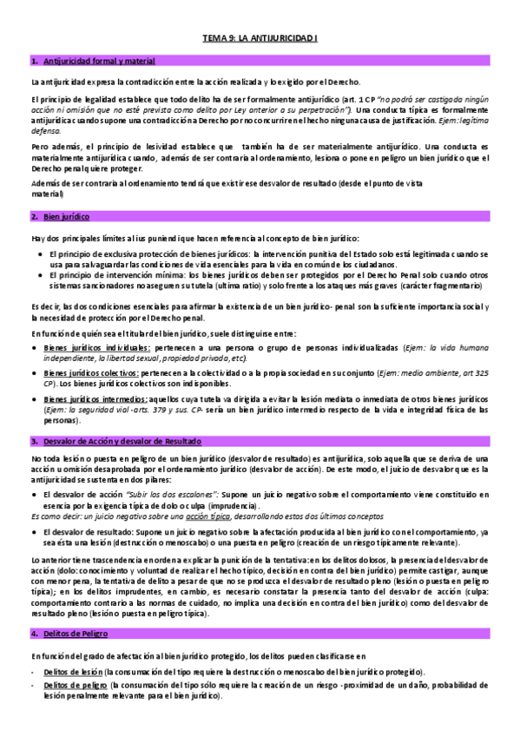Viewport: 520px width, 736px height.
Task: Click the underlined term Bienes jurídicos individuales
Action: click(86, 345)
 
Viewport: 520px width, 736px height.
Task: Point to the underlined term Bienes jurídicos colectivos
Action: click(83, 371)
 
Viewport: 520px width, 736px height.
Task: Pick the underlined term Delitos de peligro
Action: click(72, 686)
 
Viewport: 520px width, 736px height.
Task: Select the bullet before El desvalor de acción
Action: click(34, 493)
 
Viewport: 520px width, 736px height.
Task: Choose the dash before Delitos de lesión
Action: click(32, 673)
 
